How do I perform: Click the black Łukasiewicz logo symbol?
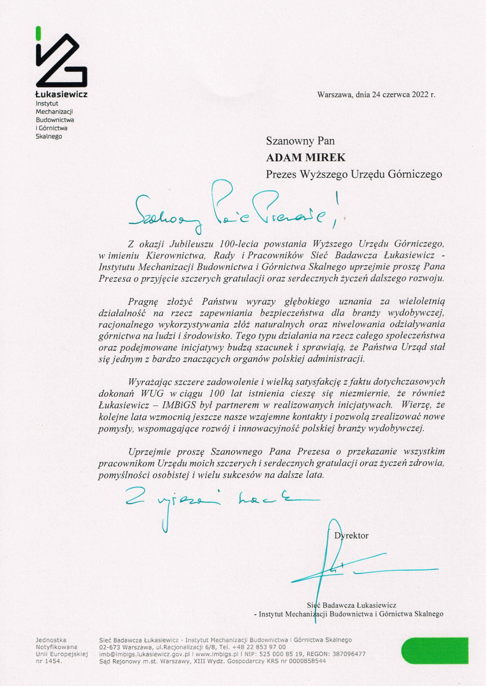[x=61, y=61]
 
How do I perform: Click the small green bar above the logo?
[x=38, y=33]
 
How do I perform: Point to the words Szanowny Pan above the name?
[x=300, y=141]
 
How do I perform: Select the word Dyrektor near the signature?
[x=351, y=536]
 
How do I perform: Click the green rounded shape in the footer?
[x=435, y=651]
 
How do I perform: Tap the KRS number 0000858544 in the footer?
[x=306, y=661]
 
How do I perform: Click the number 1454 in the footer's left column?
[x=54, y=661]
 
